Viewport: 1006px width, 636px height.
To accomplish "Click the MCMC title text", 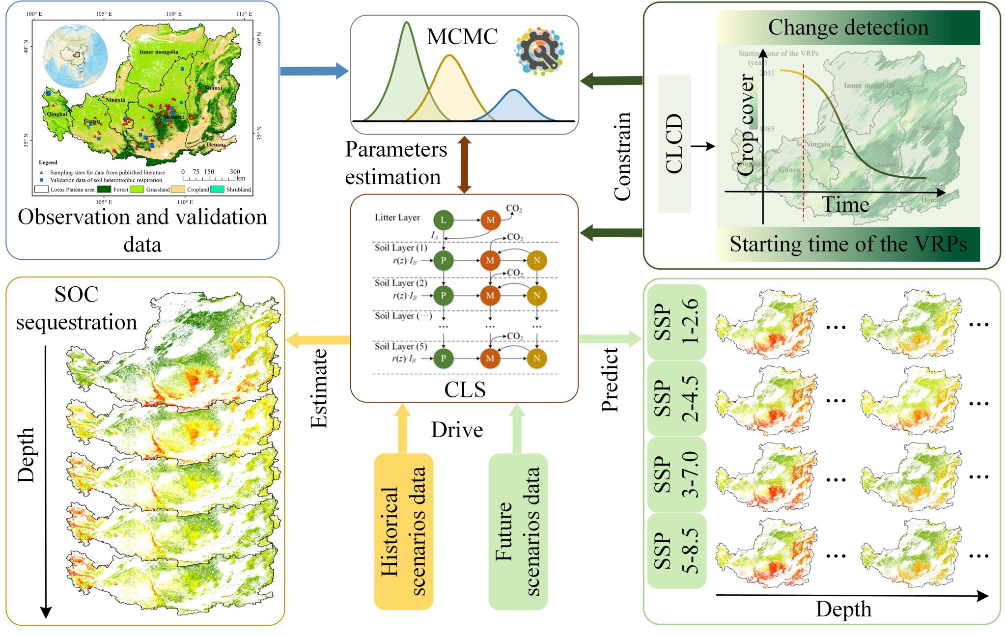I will coord(462,37).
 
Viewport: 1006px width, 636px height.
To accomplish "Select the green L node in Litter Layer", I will coord(443,220).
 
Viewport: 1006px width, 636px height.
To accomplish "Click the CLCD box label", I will coord(674,143).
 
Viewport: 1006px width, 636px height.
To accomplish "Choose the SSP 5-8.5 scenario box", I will coord(676,551).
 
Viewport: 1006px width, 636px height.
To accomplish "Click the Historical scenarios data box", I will coord(403,531).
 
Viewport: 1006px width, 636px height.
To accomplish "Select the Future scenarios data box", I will coord(518,531).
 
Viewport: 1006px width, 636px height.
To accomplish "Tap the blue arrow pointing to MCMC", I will coord(313,71).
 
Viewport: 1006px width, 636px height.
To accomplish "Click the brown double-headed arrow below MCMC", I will coord(464,165).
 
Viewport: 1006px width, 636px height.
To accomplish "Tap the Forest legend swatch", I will coord(104,190).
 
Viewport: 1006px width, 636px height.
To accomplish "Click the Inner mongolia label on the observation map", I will coord(159,52).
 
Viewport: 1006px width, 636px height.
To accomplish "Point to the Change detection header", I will coord(848,28).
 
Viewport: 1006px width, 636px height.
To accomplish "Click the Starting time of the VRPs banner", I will coord(848,244).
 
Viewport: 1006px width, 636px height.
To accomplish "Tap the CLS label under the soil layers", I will coord(465,390).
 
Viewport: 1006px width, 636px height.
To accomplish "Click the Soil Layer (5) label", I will coord(401,347).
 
